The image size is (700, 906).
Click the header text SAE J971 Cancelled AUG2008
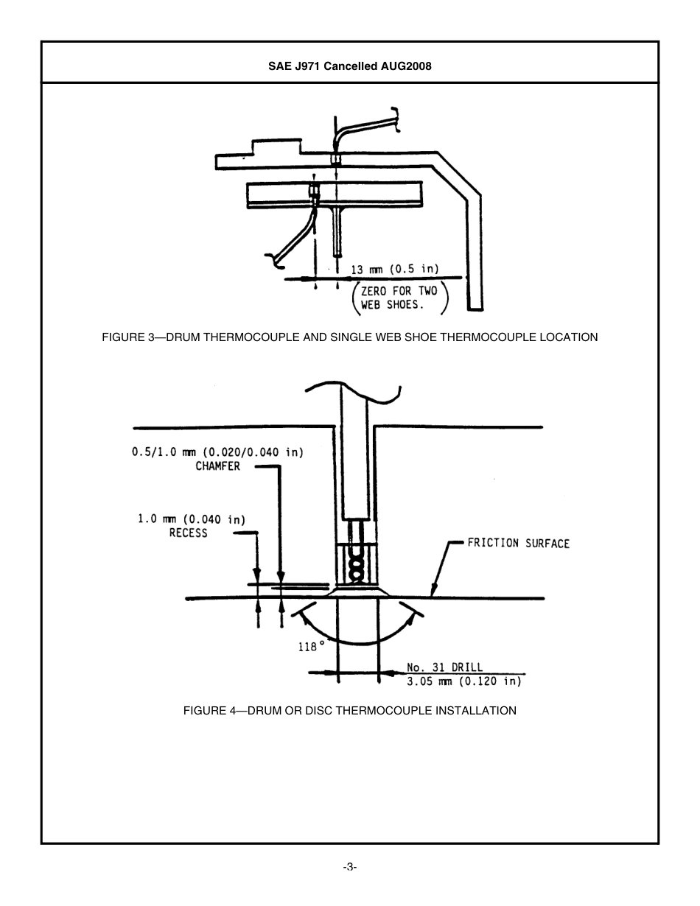click(x=349, y=66)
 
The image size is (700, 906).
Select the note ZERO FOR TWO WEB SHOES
click(x=399, y=298)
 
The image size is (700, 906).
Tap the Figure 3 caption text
click(x=349, y=337)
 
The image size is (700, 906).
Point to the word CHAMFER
click(x=217, y=466)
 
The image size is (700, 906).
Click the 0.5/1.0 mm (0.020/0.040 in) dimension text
click(x=217, y=452)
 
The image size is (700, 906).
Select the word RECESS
click(x=189, y=533)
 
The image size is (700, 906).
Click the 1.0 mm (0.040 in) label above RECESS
click(x=192, y=519)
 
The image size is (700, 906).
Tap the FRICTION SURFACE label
click(x=518, y=544)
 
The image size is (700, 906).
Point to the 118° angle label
click(x=312, y=646)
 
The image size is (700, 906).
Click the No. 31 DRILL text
click(x=445, y=667)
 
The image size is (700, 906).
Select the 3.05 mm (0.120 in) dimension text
click(x=464, y=681)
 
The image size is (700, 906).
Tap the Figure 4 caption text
click(x=349, y=710)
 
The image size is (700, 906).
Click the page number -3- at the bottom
click(x=349, y=867)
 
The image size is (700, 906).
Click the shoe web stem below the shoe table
click(x=337, y=232)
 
